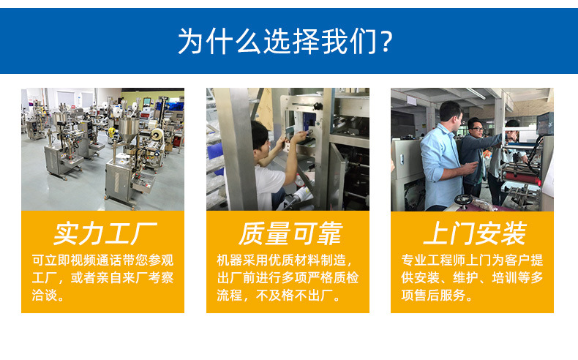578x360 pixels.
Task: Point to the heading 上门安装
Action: (473, 233)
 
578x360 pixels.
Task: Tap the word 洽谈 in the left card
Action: (46, 296)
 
